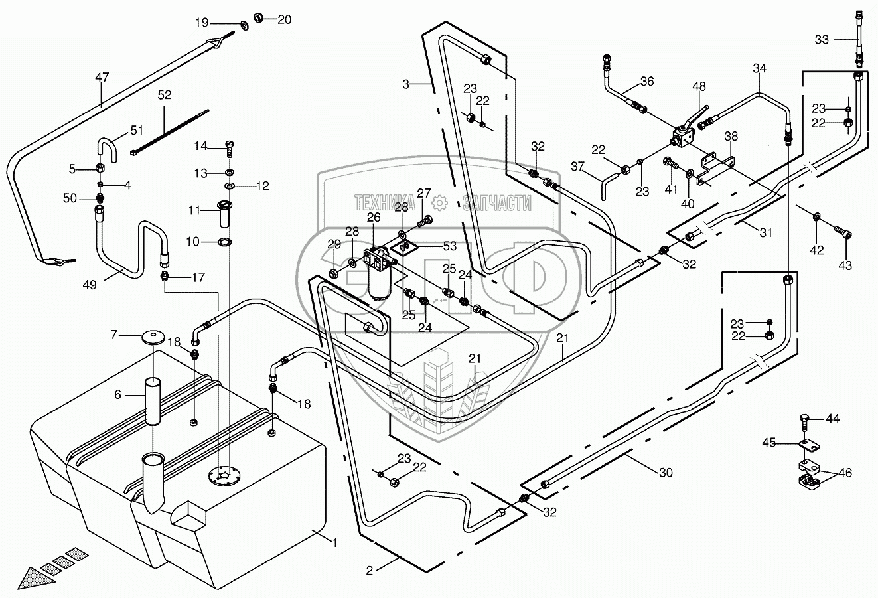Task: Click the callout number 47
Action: (x=101, y=78)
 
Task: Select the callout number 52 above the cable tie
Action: (x=164, y=95)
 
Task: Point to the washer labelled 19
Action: (x=243, y=25)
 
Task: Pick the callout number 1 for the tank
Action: (x=335, y=543)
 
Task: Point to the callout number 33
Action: (x=822, y=40)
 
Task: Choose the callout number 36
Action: (x=647, y=81)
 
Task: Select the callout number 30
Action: (x=666, y=473)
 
